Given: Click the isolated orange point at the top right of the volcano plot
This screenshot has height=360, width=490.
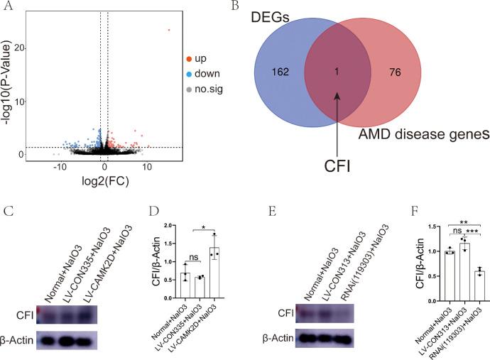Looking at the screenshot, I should tap(168, 30).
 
